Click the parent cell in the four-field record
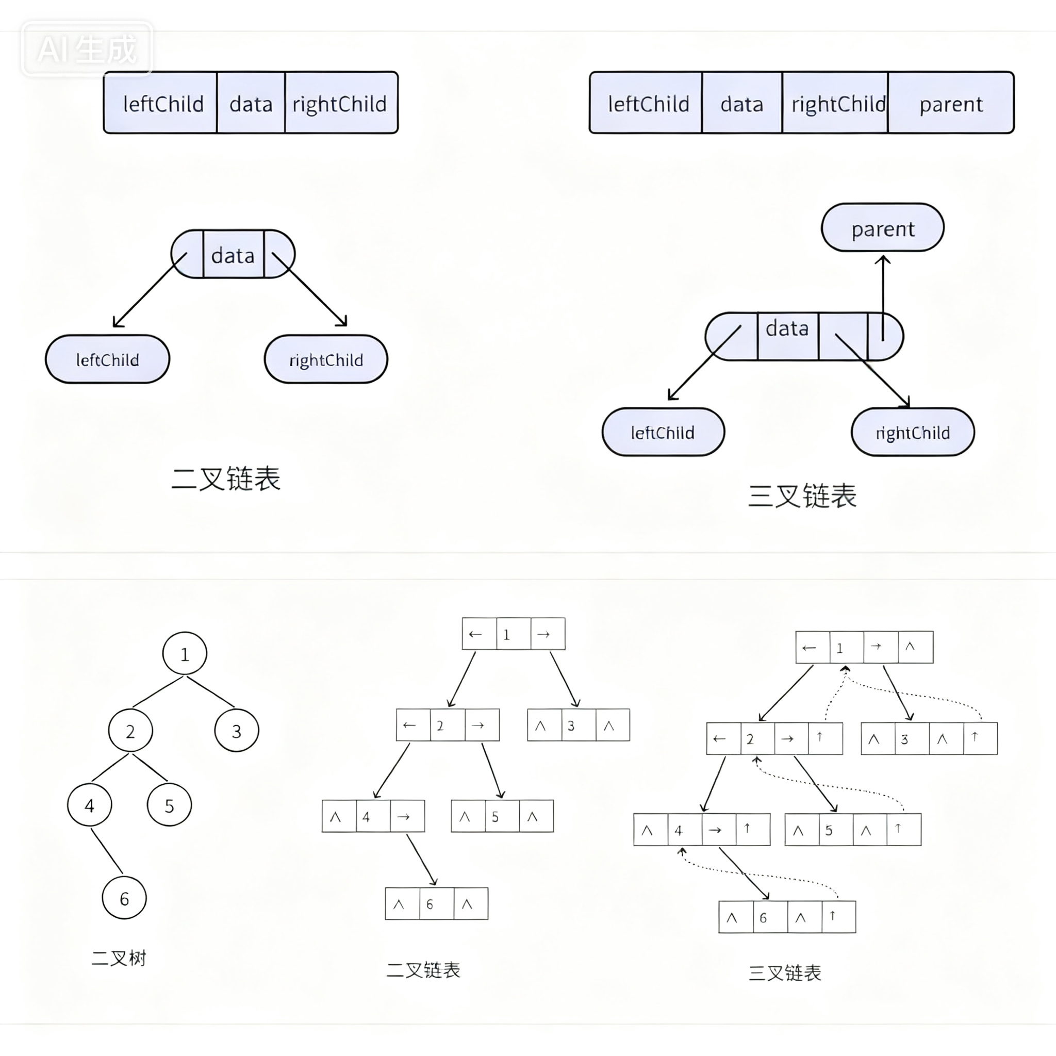[x=950, y=103]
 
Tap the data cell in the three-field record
[x=251, y=103]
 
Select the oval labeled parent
[x=882, y=228]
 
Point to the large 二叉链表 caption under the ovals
[x=226, y=479]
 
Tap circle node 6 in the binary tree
[x=124, y=899]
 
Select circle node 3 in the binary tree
[x=237, y=731]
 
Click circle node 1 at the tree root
[x=185, y=654]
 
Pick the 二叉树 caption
[x=119, y=958]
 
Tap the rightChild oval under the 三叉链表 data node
[x=912, y=432]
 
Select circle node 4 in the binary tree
[x=90, y=805]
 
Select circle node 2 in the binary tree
[x=130, y=731]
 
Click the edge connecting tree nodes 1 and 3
[x=211, y=692]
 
